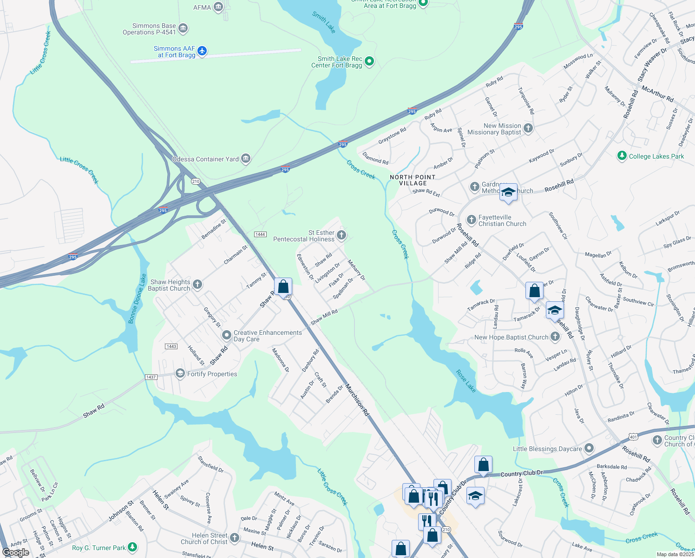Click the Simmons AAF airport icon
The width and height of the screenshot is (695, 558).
point(202,51)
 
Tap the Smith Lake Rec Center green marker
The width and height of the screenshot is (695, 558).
point(369,61)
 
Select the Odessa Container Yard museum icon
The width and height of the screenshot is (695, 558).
point(246,159)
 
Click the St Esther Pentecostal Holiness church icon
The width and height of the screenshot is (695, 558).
point(341,235)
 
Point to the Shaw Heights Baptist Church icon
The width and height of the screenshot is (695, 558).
point(197,285)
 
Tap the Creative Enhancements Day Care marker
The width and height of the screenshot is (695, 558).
point(226,335)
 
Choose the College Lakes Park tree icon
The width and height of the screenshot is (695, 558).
point(622,156)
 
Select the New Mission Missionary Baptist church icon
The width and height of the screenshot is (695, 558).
point(528,128)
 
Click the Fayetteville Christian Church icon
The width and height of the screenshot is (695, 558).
point(472,219)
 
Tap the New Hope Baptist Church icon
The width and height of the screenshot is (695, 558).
point(555,337)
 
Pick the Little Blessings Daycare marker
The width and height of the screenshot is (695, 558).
point(589,448)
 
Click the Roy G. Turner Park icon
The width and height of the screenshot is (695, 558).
point(132,547)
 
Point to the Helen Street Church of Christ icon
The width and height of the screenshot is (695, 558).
point(235,538)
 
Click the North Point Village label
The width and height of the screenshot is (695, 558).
point(413,180)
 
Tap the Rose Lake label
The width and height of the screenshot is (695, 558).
point(466,381)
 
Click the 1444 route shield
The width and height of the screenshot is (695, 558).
point(260,234)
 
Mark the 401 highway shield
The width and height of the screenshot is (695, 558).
point(633,437)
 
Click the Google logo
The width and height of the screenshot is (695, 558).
point(16,552)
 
